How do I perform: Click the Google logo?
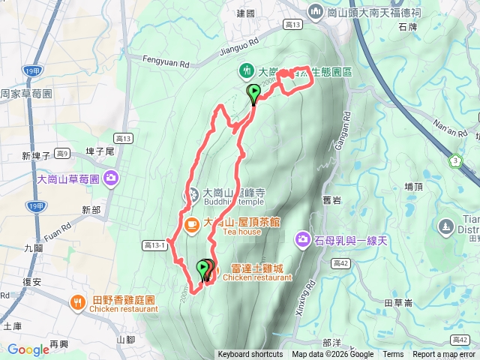tap(28, 349)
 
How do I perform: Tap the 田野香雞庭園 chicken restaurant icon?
tap(77, 302)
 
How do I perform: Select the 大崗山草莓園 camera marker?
tap(111, 178)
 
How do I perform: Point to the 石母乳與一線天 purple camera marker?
tap(303, 240)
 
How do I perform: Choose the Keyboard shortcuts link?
tap(250, 355)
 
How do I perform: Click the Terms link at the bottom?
tap(393, 355)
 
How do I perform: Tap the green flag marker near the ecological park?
tap(253, 94)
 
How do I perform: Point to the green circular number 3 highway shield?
tap(455, 160)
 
